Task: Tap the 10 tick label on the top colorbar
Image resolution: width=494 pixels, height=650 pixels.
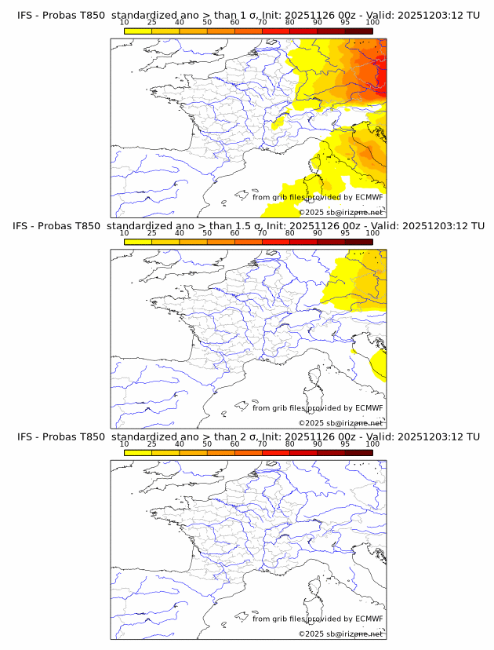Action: (x=125, y=22)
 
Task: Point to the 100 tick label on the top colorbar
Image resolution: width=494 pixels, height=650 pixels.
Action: (x=372, y=22)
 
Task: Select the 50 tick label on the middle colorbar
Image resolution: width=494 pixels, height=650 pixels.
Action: (x=207, y=233)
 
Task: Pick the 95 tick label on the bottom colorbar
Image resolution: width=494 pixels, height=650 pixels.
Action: (x=345, y=444)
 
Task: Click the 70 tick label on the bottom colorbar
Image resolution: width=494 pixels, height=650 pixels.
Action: (x=262, y=444)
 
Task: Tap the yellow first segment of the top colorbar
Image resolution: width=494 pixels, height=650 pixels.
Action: (x=138, y=31)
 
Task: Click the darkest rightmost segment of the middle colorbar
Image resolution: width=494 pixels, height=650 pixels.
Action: (x=358, y=243)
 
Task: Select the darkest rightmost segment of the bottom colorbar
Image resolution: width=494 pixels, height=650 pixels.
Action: (x=358, y=453)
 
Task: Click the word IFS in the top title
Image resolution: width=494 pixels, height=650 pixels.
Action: (x=25, y=15)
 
